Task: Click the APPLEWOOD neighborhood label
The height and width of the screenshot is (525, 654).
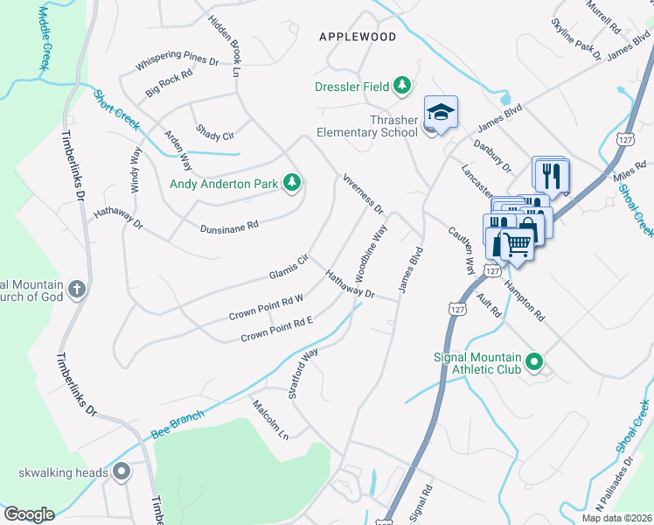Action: [x=358, y=37]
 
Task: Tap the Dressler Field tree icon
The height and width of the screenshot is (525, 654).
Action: [x=401, y=86]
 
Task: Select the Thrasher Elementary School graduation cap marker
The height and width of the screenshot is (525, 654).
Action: [x=441, y=113]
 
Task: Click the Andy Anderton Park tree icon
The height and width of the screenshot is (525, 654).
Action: [x=292, y=184]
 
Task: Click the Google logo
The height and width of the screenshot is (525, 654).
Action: [x=29, y=514]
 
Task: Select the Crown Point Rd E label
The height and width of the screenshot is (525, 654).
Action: [x=276, y=329]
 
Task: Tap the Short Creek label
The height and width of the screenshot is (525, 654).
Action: [x=116, y=111]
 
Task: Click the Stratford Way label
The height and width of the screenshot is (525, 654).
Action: [x=303, y=374]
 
